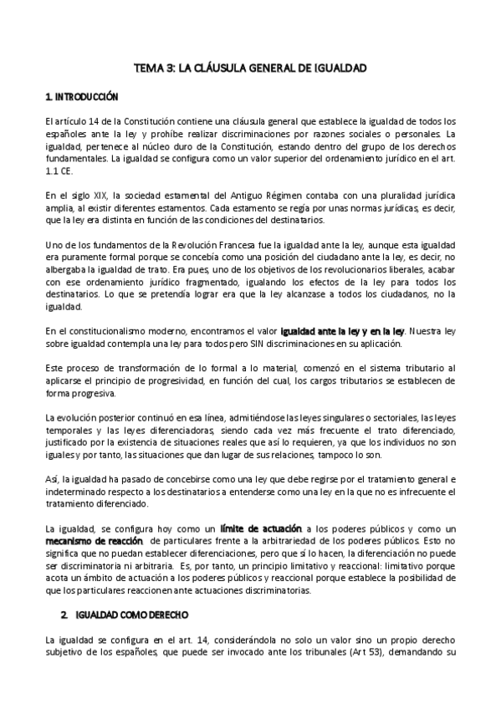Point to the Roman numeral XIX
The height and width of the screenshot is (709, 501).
(x=96, y=196)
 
